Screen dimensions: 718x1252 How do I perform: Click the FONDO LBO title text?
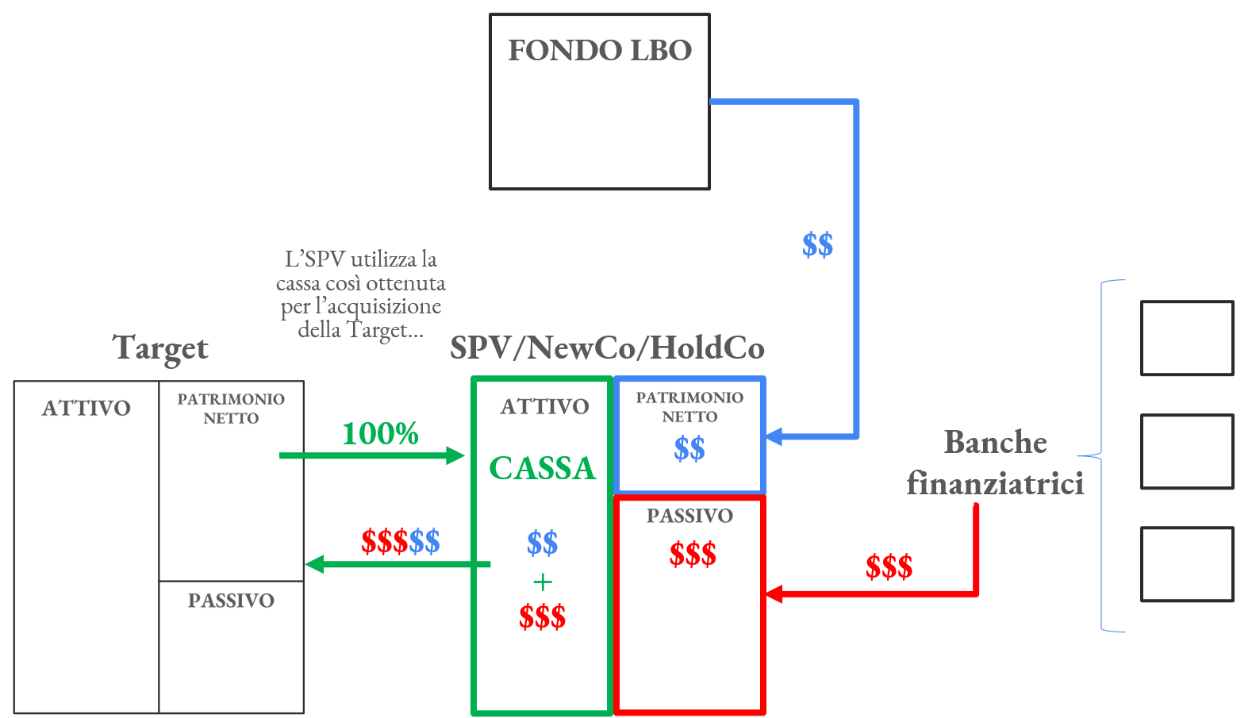click(600, 51)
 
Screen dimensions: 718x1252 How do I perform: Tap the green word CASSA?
click(542, 468)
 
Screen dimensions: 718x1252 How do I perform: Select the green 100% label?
click(380, 433)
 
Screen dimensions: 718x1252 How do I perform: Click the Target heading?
click(160, 348)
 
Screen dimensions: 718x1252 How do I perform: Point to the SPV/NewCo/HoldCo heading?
click(607, 348)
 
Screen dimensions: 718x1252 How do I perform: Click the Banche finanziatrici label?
click(995, 463)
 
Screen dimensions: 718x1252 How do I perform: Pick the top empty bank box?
click(1186, 338)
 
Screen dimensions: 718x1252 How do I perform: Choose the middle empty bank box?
click(1186, 451)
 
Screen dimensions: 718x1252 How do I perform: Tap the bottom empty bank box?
click(1186, 564)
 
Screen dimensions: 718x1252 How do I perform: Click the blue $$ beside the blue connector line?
click(817, 245)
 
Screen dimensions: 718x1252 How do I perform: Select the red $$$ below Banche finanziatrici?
click(889, 567)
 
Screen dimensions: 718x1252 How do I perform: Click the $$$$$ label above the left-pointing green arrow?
click(400, 542)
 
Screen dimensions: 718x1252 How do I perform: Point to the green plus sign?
click(543, 582)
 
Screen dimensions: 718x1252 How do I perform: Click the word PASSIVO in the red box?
click(689, 516)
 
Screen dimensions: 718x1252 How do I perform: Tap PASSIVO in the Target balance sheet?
click(231, 601)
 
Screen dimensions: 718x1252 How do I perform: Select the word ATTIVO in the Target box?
click(86, 408)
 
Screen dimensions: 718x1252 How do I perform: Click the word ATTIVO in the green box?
click(544, 406)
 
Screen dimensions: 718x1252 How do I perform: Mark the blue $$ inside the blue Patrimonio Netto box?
click(689, 449)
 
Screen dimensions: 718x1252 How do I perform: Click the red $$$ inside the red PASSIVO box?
click(693, 554)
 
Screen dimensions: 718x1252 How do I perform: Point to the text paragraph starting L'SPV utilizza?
click(361, 294)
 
